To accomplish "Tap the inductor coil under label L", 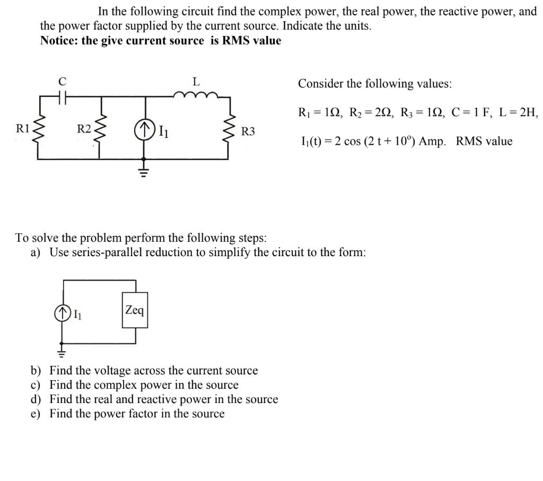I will (196, 95).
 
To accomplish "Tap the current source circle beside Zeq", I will (64, 314).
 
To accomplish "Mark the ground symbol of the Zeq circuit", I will (64, 352).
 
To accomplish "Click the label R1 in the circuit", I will (22, 128).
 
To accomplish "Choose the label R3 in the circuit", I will (248, 131).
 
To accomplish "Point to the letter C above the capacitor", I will (62, 81).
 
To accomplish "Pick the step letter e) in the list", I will (37, 414).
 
